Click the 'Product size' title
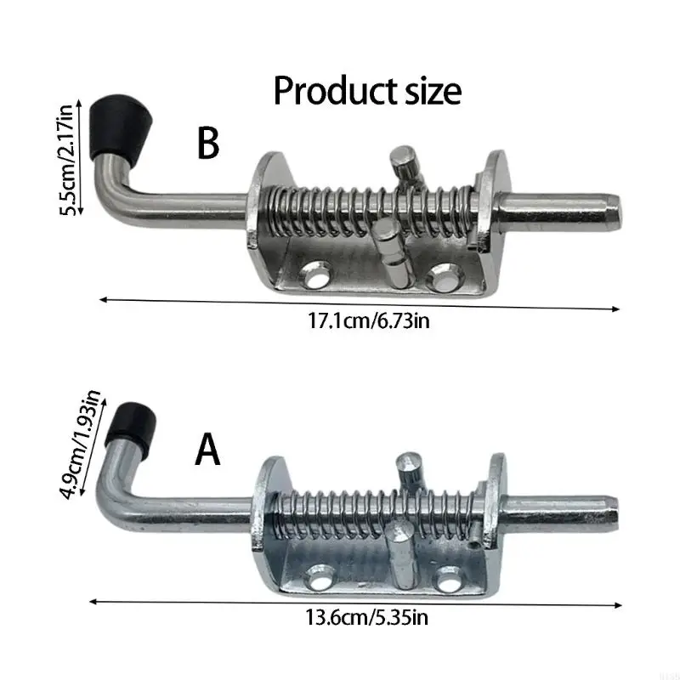367,91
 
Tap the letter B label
208,144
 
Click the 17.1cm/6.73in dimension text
369,321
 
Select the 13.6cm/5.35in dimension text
367,617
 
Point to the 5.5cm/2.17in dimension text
66,161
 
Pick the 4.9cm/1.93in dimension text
81,445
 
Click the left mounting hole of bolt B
316,275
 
